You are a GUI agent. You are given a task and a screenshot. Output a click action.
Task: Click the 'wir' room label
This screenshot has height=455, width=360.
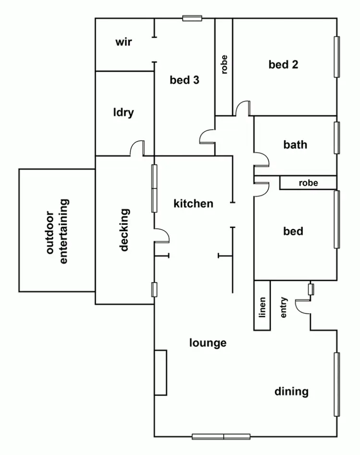tap(123, 42)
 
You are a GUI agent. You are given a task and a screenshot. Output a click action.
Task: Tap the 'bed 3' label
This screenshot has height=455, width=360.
tap(184, 80)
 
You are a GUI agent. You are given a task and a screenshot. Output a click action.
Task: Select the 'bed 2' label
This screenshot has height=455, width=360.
tap(283, 64)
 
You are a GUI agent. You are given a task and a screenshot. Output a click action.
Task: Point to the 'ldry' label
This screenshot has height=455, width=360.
tap(123, 113)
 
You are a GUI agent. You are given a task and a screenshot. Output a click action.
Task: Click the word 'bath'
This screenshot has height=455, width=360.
tap(295, 145)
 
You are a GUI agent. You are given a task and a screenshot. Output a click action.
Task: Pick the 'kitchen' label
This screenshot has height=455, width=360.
tap(193, 204)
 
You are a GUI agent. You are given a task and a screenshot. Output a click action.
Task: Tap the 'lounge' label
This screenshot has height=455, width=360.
tap(208, 343)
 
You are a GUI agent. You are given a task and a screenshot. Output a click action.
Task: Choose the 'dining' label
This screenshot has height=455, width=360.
tap(291, 392)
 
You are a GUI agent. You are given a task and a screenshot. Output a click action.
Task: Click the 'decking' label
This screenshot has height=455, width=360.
tap(124, 230)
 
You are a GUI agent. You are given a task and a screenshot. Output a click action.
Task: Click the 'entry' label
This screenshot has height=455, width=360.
tap(284, 307)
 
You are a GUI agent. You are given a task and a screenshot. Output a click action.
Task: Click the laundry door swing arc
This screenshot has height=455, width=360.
tap(137, 148)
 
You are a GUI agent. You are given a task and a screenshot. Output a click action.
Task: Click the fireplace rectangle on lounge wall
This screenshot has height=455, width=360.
tap(160, 373)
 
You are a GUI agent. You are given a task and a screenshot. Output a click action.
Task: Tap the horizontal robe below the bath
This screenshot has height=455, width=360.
tap(308, 183)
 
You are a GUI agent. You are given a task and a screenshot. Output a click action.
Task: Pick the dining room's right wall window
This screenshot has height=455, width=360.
tap(337, 384)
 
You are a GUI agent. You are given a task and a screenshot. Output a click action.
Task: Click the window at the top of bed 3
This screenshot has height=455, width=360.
tap(192, 18)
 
